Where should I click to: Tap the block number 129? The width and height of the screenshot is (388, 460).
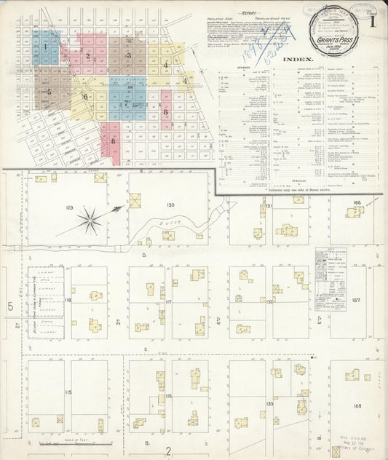(69, 208)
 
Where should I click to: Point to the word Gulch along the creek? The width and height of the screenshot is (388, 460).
(167, 223)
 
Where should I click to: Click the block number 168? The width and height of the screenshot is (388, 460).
(357, 406)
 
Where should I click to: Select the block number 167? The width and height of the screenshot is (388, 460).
(356, 300)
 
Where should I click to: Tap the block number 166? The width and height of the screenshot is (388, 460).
(356, 202)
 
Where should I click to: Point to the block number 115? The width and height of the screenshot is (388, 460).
(68, 392)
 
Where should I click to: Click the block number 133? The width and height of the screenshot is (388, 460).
(270, 402)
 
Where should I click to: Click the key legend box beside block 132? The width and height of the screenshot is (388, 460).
(328, 271)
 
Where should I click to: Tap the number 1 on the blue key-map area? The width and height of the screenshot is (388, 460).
(45, 47)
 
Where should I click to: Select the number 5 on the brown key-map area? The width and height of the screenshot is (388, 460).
(49, 92)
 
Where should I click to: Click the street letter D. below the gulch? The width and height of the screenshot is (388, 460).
(144, 255)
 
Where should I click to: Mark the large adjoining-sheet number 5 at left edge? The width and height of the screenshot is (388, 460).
(10, 306)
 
